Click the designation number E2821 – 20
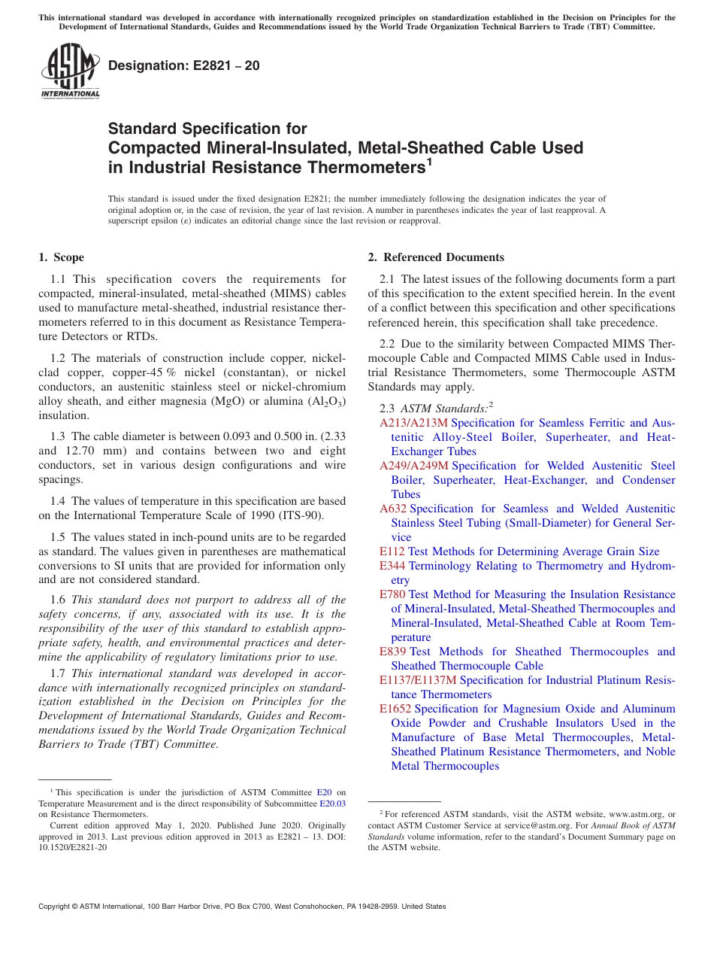(x=184, y=65)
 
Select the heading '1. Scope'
(x=61, y=257)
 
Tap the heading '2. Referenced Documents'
(x=436, y=257)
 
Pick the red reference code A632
(x=393, y=509)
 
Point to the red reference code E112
(x=392, y=551)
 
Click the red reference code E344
(x=392, y=566)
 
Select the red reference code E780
(x=392, y=594)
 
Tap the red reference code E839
(x=392, y=652)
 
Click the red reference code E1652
(x=395, y=709)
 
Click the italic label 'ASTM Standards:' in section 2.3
(x=443, y=409)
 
